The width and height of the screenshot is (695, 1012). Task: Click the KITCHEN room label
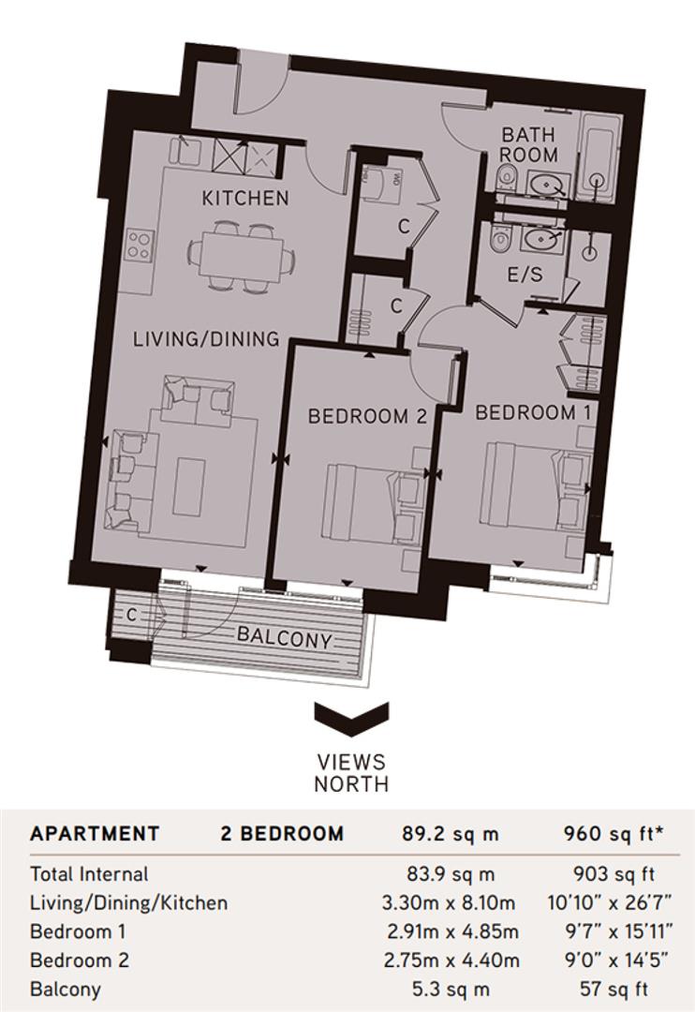pos(245,199)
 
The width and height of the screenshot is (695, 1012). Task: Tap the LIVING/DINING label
pos(205,339)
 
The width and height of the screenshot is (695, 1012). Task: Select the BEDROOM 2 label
pos(367,417)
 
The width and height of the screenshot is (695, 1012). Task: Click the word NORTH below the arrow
pos(351,783)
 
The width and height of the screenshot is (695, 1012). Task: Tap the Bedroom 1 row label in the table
pos(78,931)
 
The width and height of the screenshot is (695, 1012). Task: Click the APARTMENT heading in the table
pos(95,834)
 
